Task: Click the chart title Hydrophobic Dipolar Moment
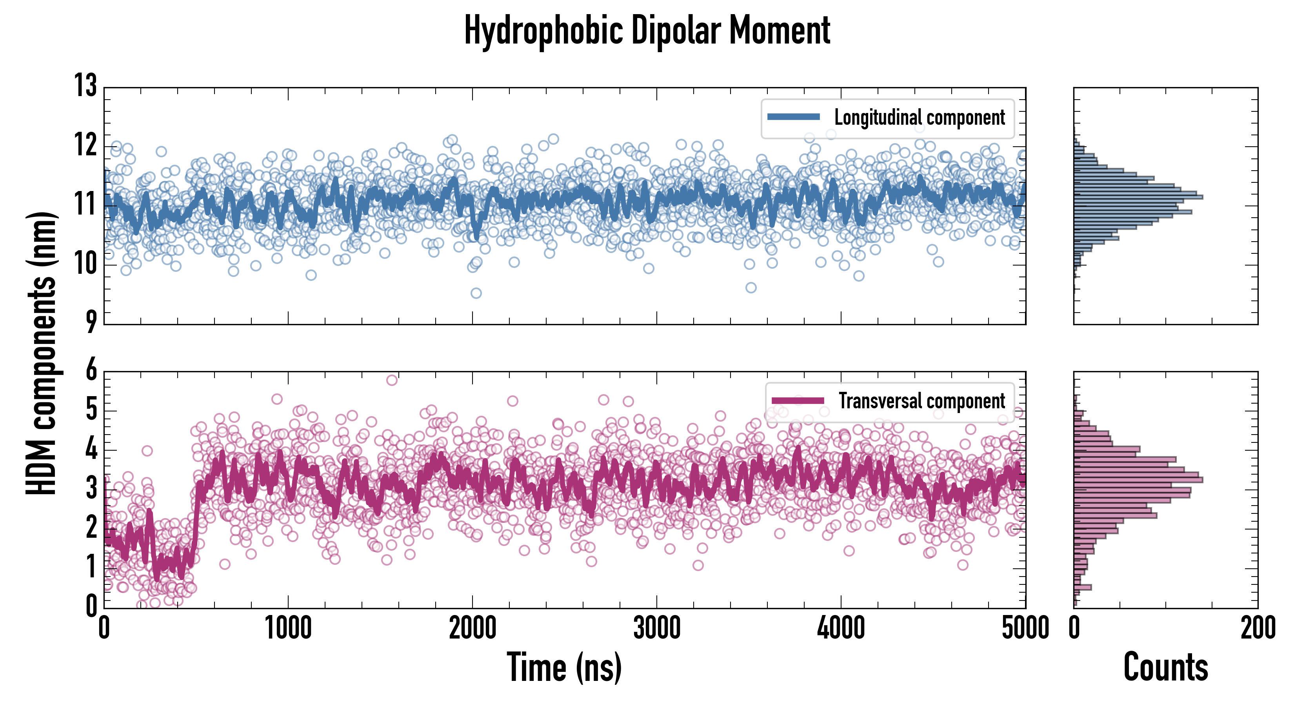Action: pos(647,31)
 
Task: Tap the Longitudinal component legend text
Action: pos(919,118)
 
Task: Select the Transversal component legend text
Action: pos(922,401)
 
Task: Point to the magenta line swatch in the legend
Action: pos(798,400)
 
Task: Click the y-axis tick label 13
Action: pos(85,86)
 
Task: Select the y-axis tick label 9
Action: pos(91,322)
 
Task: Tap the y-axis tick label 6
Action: pos(91,371)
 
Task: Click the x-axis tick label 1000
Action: pos(288,628)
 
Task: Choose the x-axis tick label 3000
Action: pos(656,628)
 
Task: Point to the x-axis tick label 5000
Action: pos(1025,628)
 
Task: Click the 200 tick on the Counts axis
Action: pos(1257,628)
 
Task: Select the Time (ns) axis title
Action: pos(564,667)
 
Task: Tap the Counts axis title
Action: pos(1165,667)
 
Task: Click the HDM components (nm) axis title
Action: pos(41,352)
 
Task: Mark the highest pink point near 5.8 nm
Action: pos(392,380)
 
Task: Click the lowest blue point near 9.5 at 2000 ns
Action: pos(476,293)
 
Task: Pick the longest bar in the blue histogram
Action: pos(1138,197)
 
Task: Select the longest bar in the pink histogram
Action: pos(1138,480)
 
